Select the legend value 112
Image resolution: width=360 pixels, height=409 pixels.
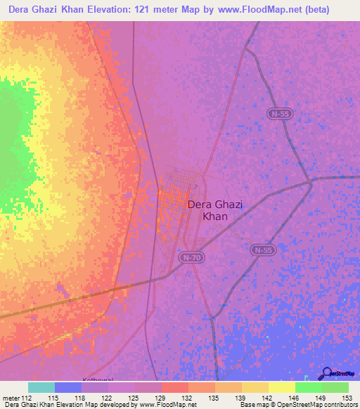click(x=28, y=397)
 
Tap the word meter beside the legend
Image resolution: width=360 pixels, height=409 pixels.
click(x=12, y=397)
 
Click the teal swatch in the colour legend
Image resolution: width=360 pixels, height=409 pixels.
click(x=41, y=387)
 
